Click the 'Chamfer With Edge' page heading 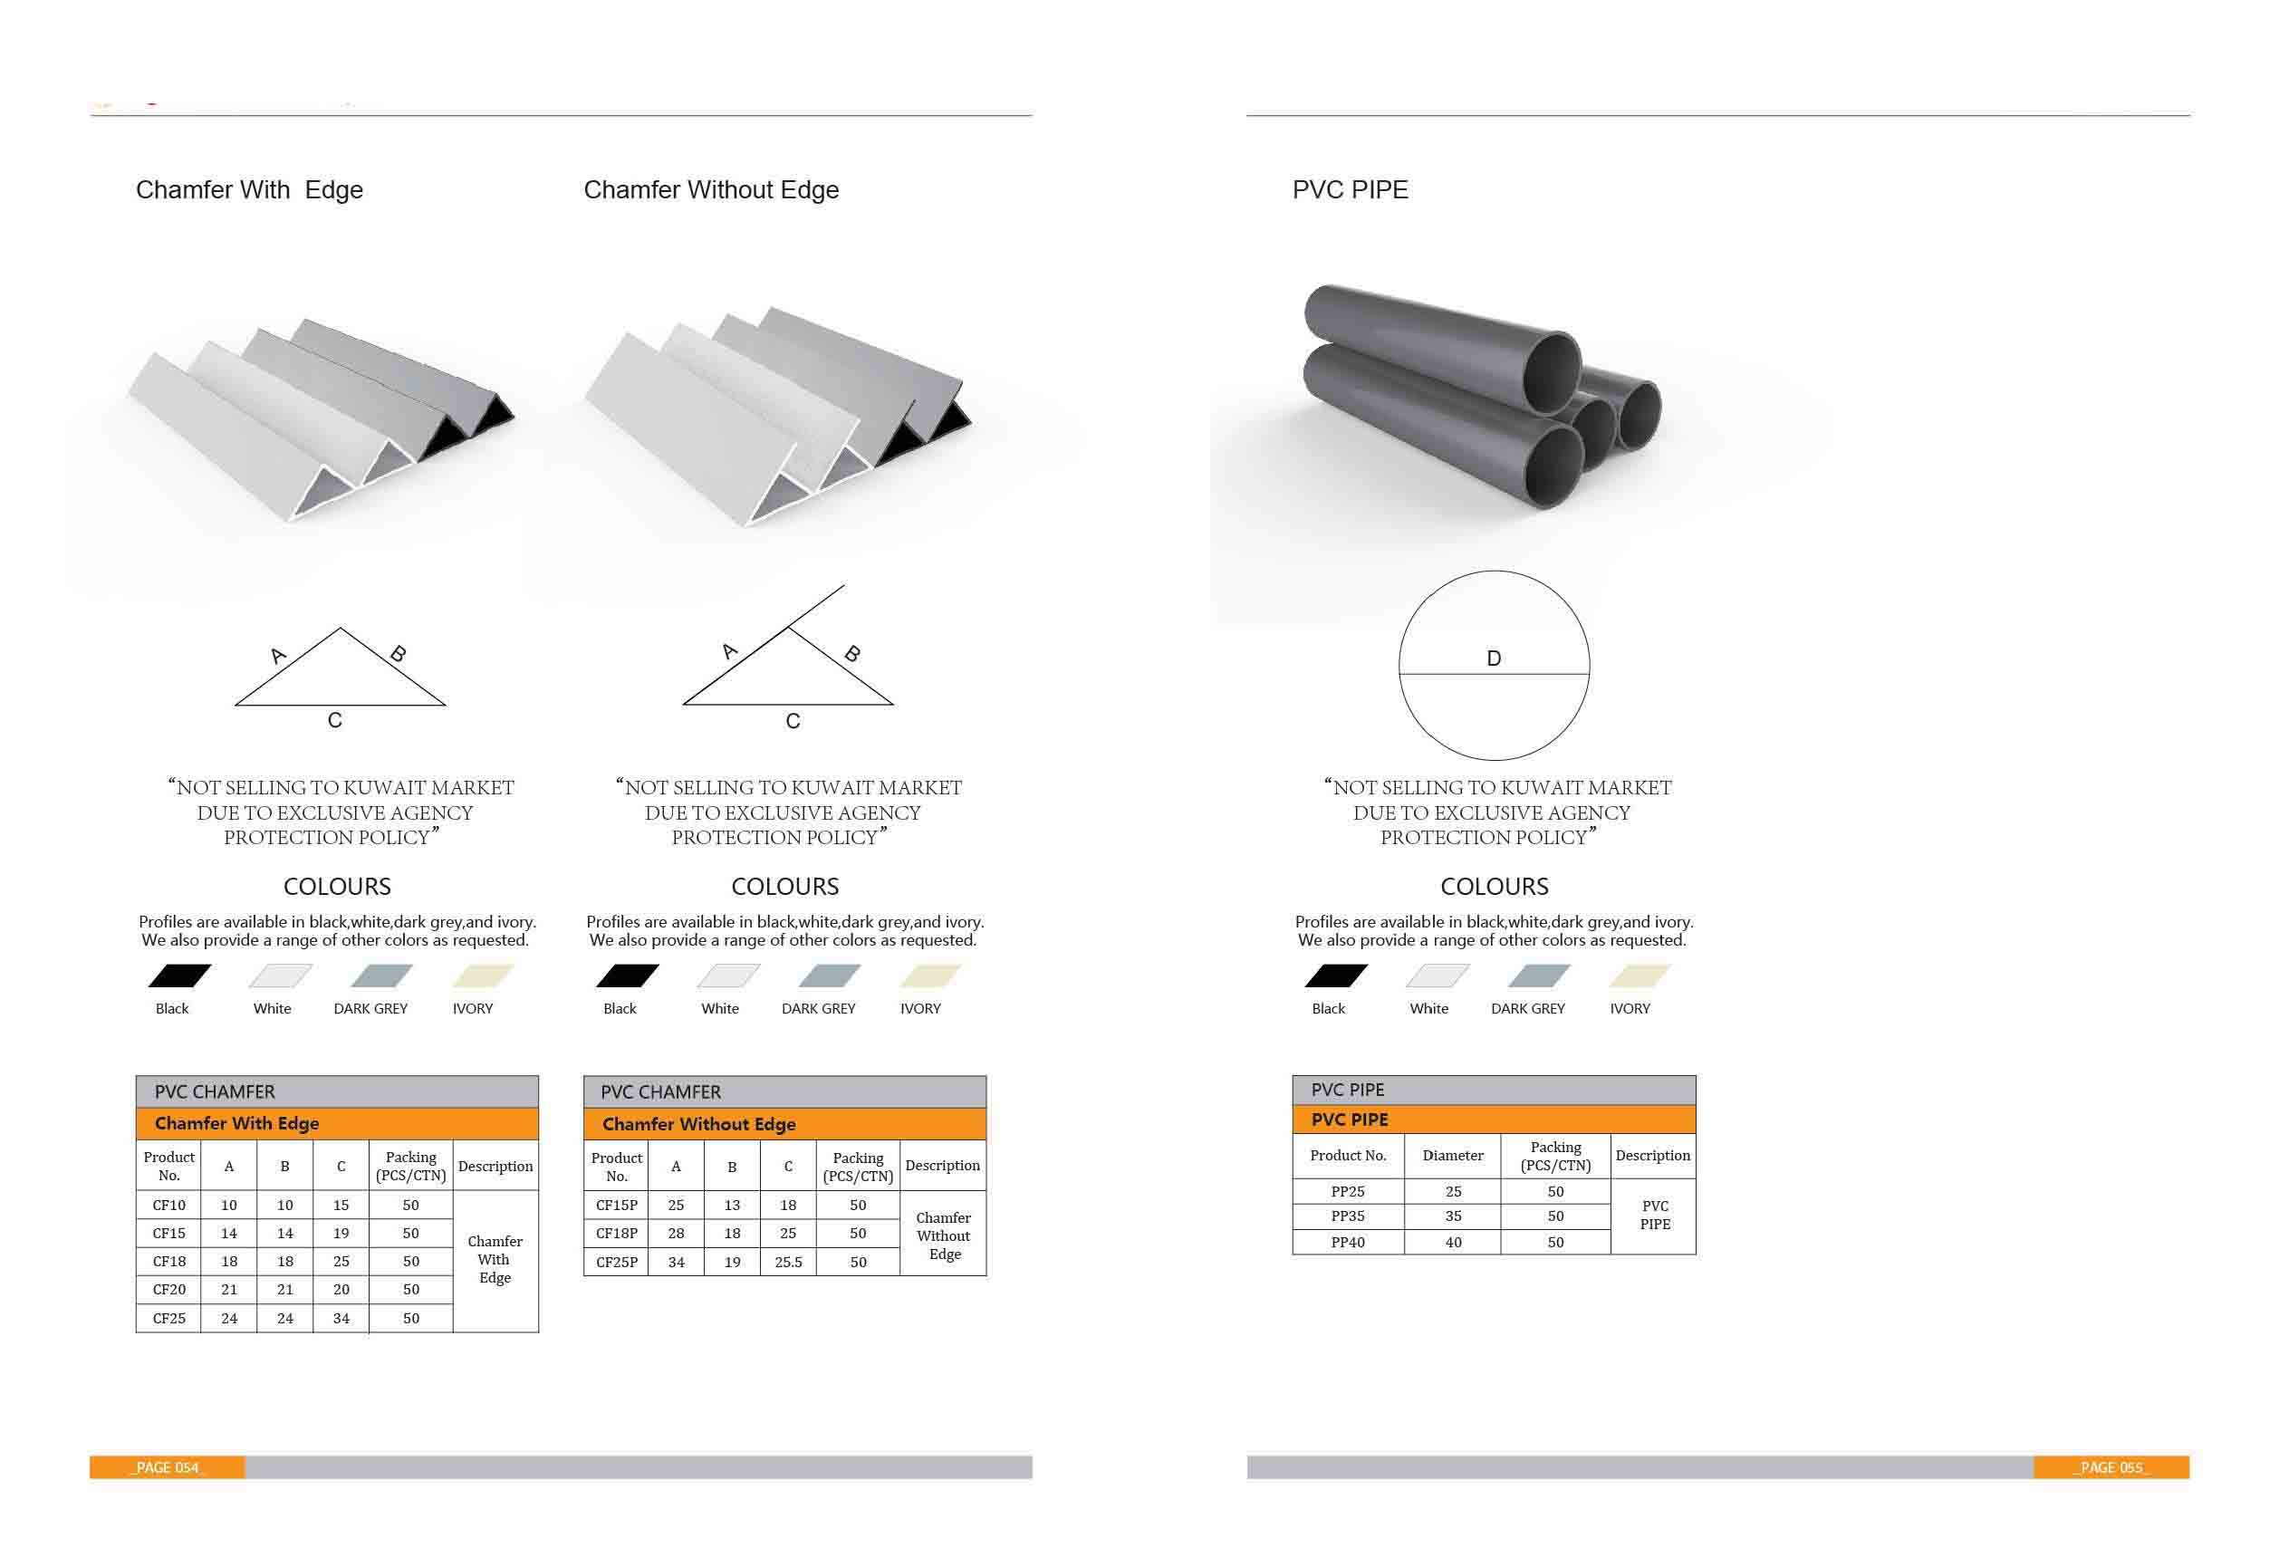tap(249, 190)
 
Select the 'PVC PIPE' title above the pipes tap(1350, 189)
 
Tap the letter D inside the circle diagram tap(1494, 658)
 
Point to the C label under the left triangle tap(334, 721)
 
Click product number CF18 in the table tap(168, 1261)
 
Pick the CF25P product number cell tap(617, 1262)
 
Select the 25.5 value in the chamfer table tap(788, 1262)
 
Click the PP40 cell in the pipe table tap(1349, 1243)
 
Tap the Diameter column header tap(1452, 1156)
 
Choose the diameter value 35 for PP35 tap(1453, 1216)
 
